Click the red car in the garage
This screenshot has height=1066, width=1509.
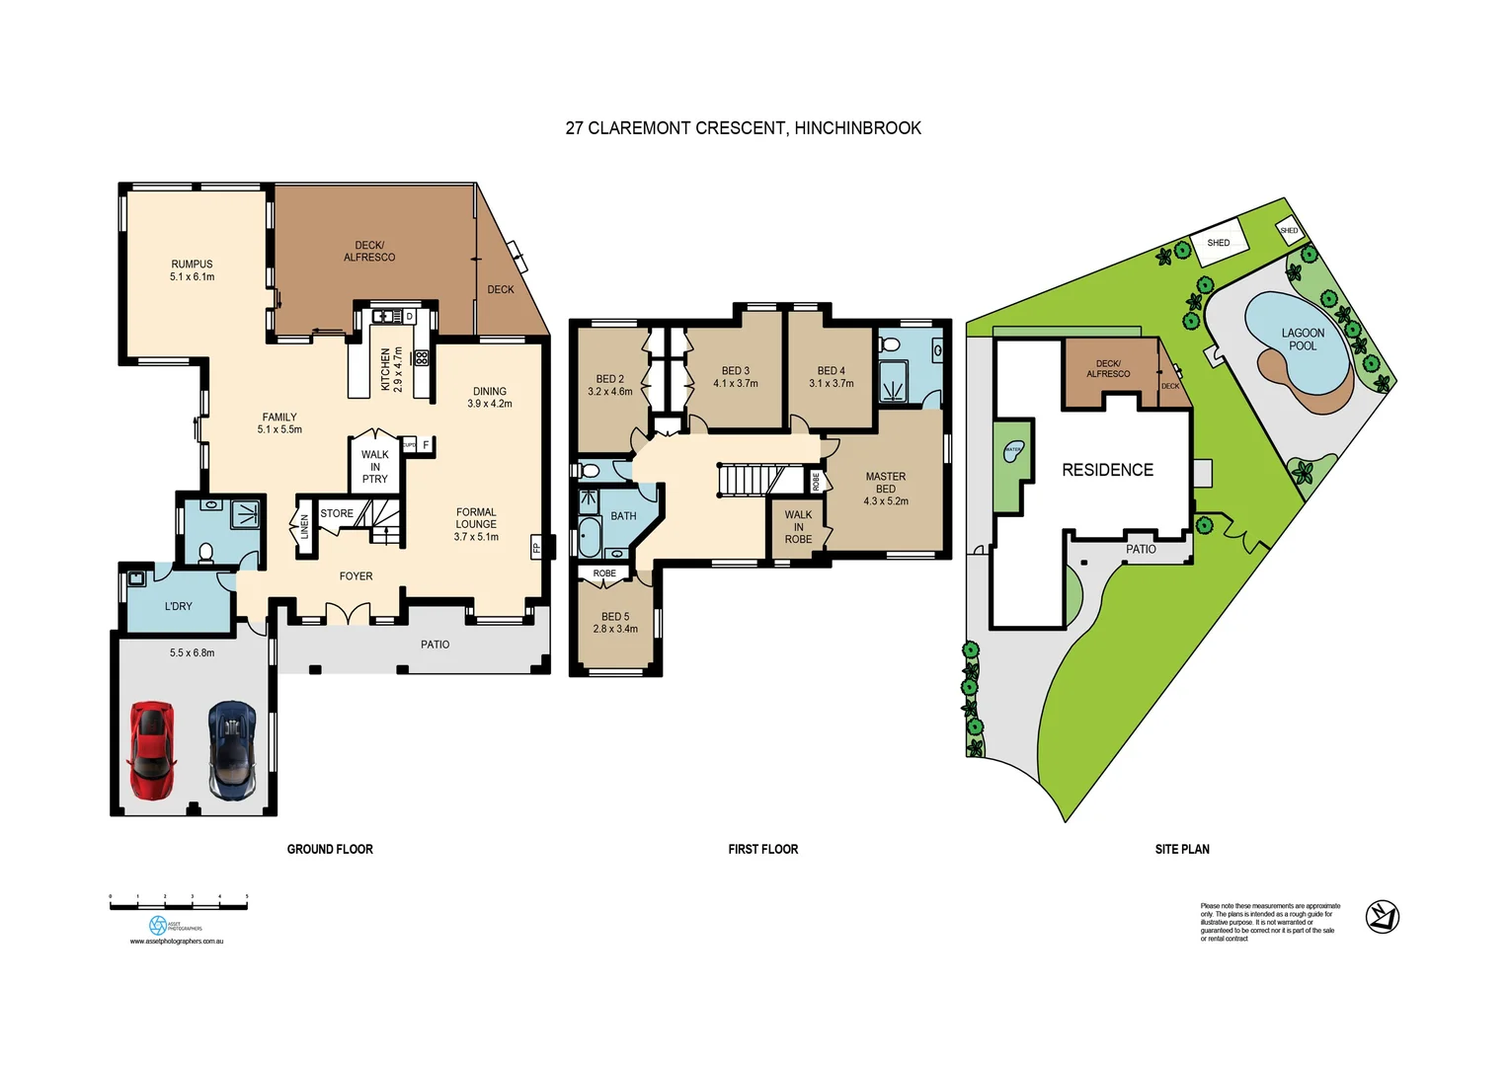pos(151,750)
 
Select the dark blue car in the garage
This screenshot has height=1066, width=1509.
pos(232,750)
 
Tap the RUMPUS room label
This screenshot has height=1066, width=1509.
pos(192,269)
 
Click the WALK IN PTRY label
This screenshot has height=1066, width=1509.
pos(374,467)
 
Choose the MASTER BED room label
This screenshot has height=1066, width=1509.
pos(885,488)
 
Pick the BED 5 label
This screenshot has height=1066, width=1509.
pos(614,622)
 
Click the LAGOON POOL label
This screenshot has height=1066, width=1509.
pos(1302,340)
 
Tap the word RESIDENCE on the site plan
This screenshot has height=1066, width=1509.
pos(1107,470)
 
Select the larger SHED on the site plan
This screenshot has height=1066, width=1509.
pos(1218,243)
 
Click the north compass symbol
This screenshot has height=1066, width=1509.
pos(1382,917)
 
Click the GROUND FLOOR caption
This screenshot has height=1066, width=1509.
pos(330,849)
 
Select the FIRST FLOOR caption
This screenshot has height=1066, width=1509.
pos(762,849)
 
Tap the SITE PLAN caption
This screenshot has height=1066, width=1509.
pos(1181,849)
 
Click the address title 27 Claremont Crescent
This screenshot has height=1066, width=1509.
pos(743,127)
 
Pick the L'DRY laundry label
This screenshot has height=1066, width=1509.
pos(178,606)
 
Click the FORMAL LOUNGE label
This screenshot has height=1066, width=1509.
pos(476,524)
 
